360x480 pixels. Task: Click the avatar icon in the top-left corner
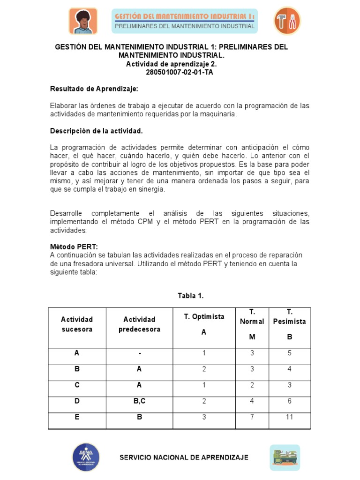click(x=83, y=21)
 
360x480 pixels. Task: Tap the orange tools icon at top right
click(x=286, y=21)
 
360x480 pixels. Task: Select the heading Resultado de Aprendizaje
click(x=94, y=89)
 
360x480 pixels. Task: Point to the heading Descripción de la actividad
click(x=96, y=130)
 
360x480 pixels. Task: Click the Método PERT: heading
click(x=74, y=247)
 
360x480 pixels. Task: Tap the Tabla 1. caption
click(x=191, y=295)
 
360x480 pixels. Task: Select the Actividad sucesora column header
click(x=77, y=324)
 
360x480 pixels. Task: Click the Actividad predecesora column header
click(x=139, y=324)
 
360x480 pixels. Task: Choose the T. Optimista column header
click(x=204, y=316)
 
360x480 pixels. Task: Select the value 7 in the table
click(x=252, y=417)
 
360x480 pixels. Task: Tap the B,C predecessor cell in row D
click(x=139, y=401)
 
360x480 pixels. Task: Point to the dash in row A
click(x=139, y=353)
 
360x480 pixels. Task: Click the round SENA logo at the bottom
click(x=85, y=457)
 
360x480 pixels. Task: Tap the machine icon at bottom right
click(x=285, y=457)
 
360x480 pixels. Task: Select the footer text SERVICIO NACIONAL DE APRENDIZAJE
click(x=184, y=457)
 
